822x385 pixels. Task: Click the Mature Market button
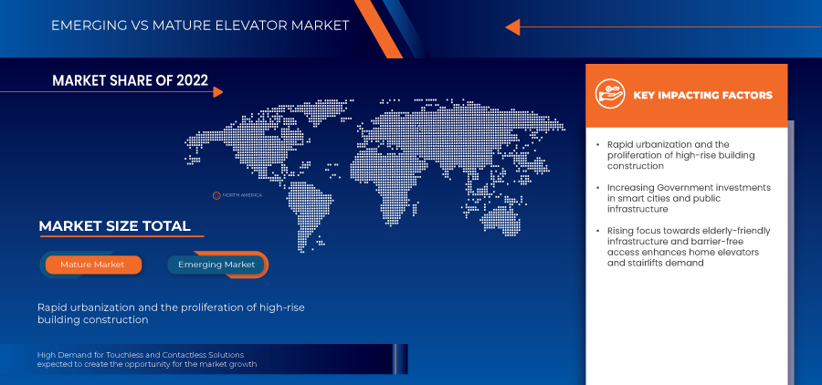pos(93,265)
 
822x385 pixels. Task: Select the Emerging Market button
pos(216,265)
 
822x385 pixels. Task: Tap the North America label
pos(242,195)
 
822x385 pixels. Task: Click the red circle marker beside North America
pos(216,195)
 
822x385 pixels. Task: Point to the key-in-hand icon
pos(610,95)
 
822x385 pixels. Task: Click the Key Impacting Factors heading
pos(702,95)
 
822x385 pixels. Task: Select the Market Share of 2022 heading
pos(130,80)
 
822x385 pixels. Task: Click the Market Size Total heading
pos(114,226)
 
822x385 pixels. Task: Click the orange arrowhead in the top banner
pos(512,26)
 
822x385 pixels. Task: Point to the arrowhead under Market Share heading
pos(218,92)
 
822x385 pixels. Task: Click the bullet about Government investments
pos(689,198)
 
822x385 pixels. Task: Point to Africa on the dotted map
pos(385,192)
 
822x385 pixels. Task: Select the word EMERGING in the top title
pos(82,26)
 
